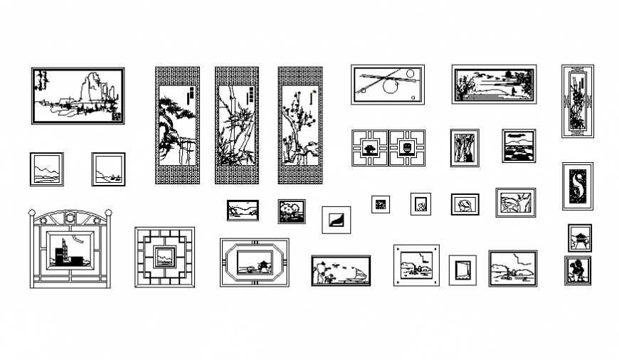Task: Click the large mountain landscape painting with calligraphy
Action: point(78,95)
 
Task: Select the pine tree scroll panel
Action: point(177,125)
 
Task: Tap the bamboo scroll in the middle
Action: point(237,125)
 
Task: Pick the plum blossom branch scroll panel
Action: point(300,125)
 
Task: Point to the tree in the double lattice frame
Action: point(370,149)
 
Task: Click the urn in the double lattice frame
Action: point(407,149)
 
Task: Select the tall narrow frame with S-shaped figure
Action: point(577,186)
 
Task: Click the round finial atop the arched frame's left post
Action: point(31,212)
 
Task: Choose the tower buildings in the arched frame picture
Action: point(63,250)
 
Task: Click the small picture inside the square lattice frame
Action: point(165,256)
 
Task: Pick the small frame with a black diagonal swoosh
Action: point(336,220)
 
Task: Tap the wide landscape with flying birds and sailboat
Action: point(341,271)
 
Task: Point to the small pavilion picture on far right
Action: point(579,238)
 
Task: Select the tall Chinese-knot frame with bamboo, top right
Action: point(577,101)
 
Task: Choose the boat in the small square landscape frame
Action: point(110,173)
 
